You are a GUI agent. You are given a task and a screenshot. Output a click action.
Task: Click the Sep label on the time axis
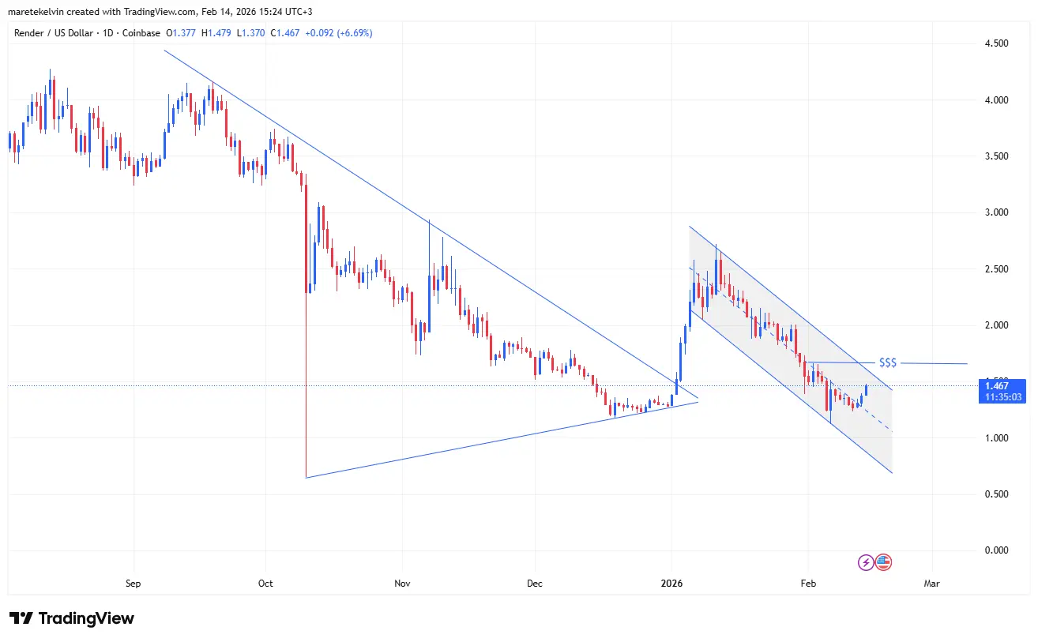click(x=133, y=584)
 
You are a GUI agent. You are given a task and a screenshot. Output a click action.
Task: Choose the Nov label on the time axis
click(x=403, y=584)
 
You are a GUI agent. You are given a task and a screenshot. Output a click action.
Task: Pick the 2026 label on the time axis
click(x=671, y=584)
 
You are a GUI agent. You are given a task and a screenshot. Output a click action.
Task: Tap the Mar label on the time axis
click(x=932, y=584)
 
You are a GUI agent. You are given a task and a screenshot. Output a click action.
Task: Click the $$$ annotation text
click(x=888, y=362)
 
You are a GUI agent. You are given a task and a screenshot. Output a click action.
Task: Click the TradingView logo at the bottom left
click(x=71, y=618)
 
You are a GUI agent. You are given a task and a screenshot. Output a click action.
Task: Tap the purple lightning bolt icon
click(x=866, y=562)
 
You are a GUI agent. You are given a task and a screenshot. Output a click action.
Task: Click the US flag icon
click(x=883, y=562)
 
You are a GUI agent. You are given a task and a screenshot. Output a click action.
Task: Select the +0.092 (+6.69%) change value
click(x=339, y=33)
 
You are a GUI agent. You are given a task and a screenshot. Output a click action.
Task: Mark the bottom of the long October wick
click(x=306, y=477)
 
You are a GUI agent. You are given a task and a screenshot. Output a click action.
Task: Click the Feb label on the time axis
click(x=808, y=584)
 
